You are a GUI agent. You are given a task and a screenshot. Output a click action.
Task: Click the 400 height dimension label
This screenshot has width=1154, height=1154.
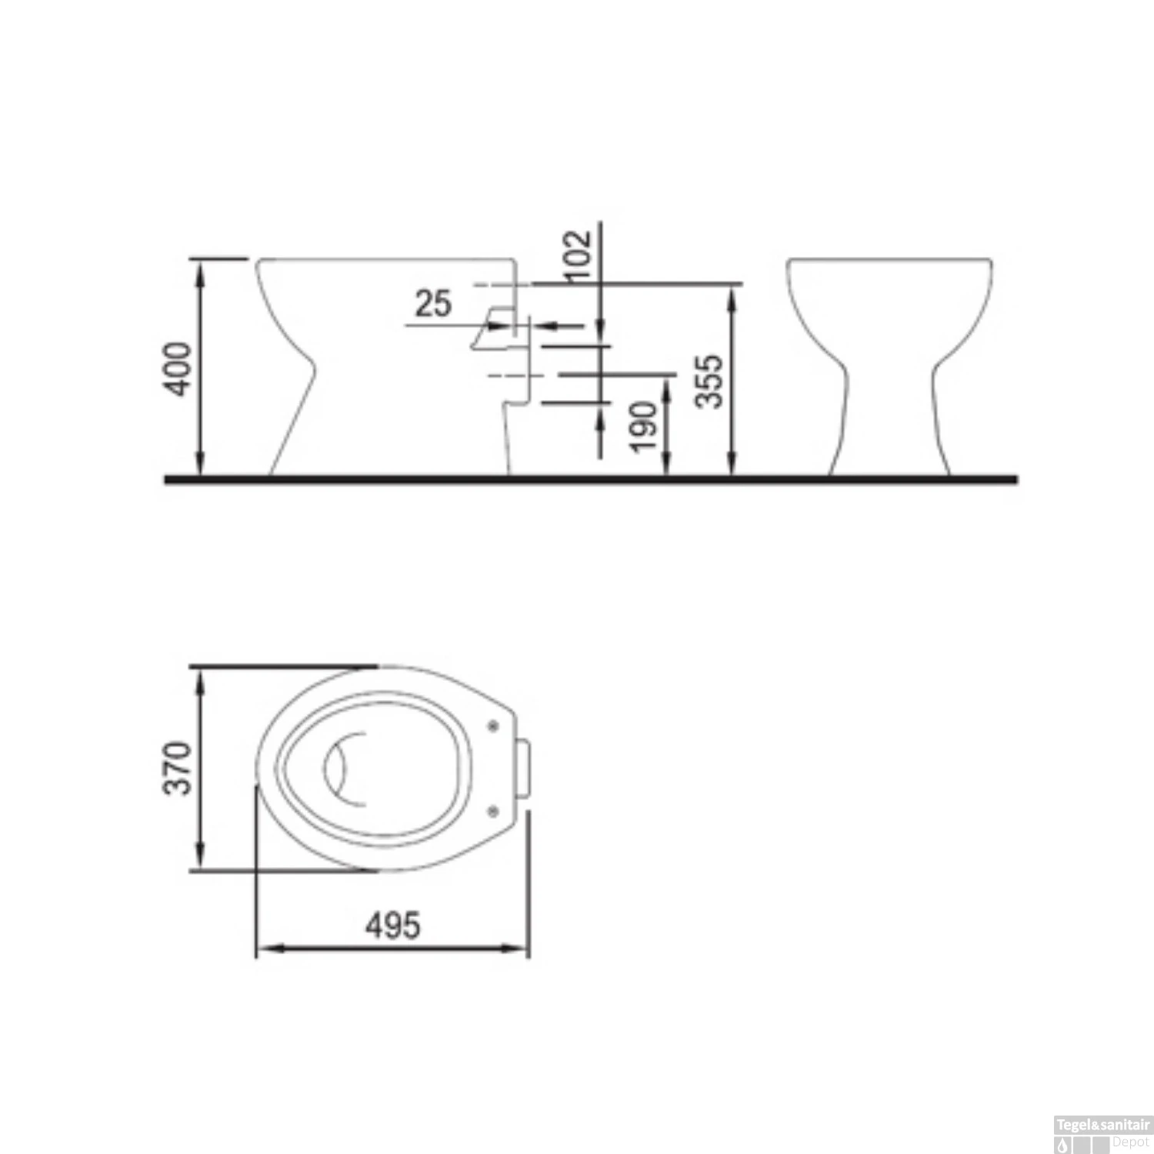coord(179,369)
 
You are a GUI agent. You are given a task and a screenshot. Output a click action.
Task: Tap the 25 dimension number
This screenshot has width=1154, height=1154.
coord(432,303)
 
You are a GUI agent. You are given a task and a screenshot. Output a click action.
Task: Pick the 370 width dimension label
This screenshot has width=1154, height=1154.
coord(178,767)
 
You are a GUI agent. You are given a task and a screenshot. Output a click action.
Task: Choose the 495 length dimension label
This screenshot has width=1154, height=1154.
coord(392,925)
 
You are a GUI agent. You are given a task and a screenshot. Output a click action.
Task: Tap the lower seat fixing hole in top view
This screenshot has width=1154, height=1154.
coord(493,809)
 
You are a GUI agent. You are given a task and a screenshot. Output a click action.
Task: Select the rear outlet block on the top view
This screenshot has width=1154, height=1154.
coord(524,767)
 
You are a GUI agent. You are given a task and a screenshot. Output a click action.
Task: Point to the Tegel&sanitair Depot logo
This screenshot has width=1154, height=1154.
coord(1102,1134)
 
